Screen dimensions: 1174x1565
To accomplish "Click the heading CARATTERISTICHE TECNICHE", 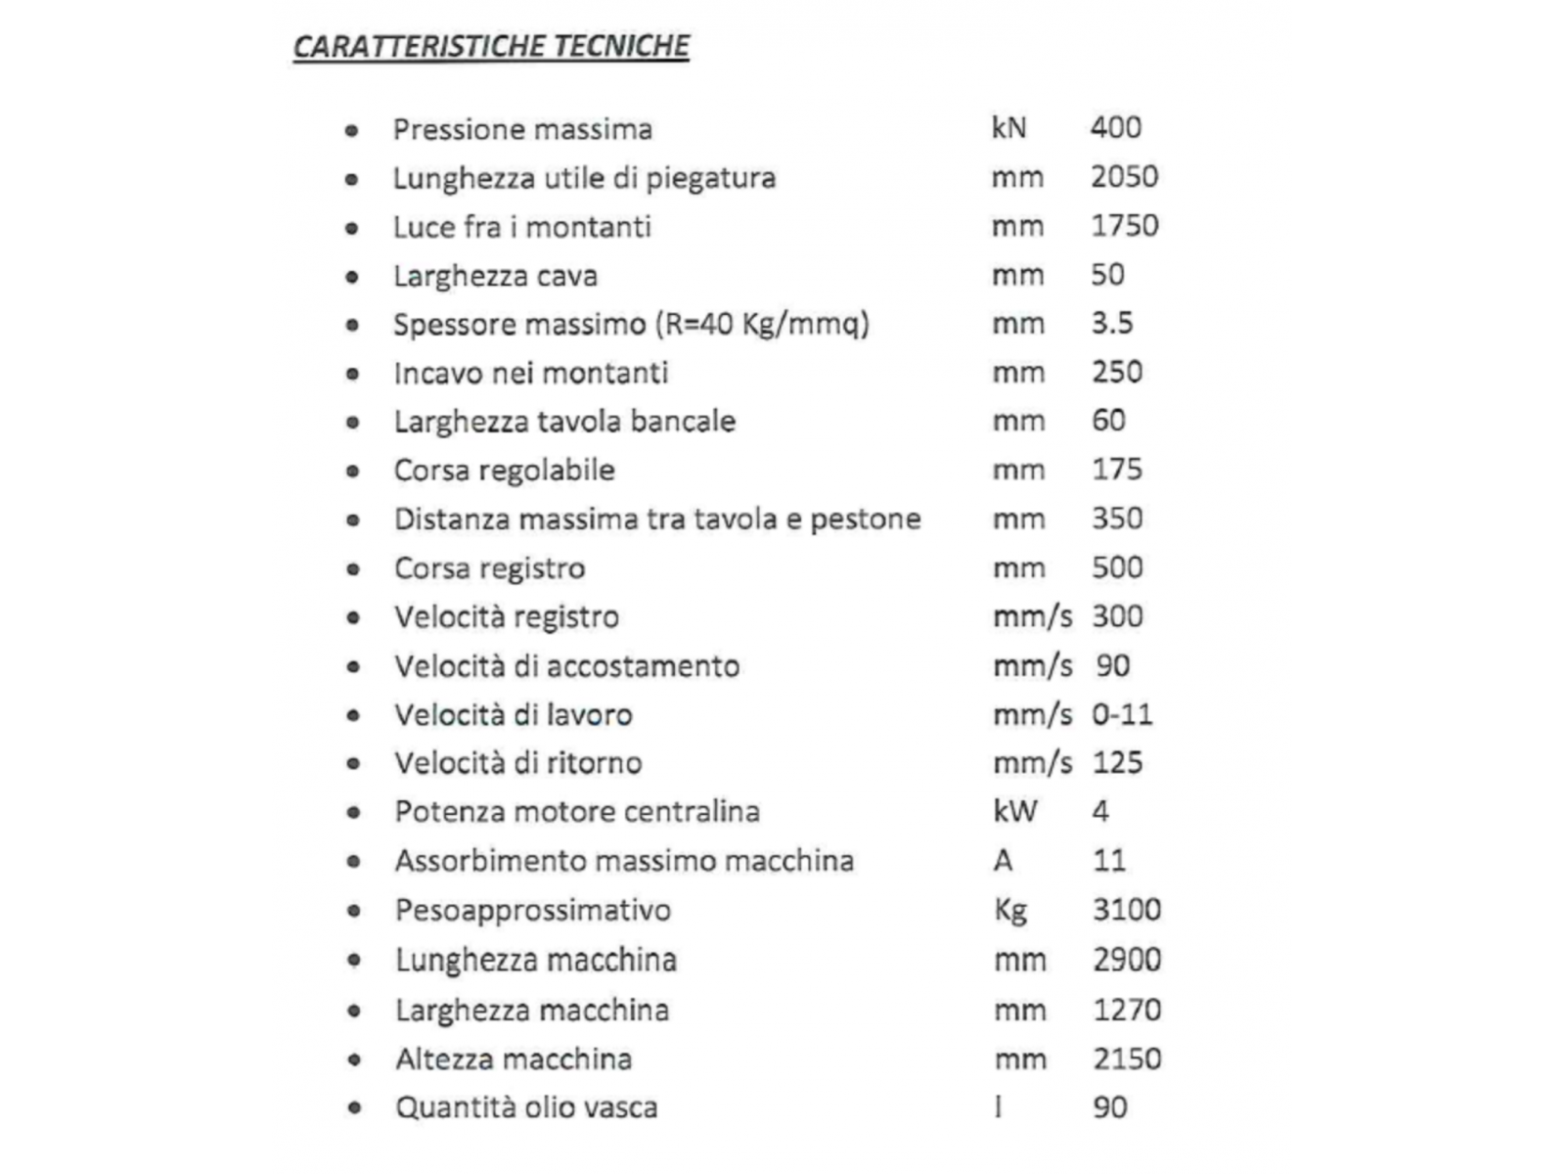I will [491, 46].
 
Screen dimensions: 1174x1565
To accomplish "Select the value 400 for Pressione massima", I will [1115, 127].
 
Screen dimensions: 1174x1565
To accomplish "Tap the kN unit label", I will [1008, 127].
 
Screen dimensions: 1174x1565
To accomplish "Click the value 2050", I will [1124, 176].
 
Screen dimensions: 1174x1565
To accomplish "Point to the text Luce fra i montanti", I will [521, 227].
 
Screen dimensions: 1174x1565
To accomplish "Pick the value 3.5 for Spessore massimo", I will [1112, 323].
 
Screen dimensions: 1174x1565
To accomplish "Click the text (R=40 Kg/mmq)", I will [762, 324].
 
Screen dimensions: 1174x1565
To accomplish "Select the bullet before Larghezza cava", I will [352, 277].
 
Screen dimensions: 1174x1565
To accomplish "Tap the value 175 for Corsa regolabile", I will [1116, 470].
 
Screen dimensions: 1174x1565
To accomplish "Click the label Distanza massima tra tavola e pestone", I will [657, 519].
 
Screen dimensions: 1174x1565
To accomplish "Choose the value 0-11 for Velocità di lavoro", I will [1122, 714].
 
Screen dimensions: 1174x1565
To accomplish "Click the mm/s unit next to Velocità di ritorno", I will [1032, 763].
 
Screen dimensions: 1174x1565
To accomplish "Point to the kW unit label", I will [1014, 811].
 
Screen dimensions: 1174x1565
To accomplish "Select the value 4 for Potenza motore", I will [1100, 811].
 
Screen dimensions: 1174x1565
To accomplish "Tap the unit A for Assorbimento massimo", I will [1003, 861].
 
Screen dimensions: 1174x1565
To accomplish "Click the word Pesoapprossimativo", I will [533, 910].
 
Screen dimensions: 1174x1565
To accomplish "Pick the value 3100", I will [1126, 910].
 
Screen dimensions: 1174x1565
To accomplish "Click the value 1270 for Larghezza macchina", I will [1126, 1010].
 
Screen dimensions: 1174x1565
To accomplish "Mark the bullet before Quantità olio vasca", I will [354, 1108].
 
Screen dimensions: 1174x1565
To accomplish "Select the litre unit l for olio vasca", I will [998, 1107].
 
